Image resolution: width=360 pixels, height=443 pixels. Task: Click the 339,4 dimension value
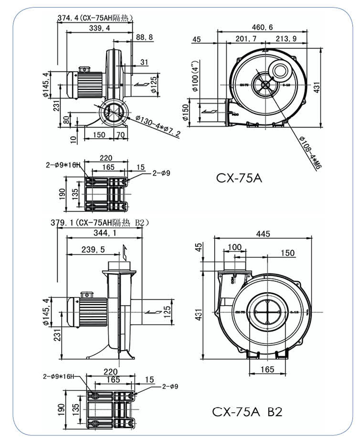coord(99,29)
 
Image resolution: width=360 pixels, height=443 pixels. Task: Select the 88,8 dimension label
coord(144,37)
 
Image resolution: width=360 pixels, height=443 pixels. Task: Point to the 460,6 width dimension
coord(262,27)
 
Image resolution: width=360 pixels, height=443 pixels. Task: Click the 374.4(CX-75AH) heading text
coord(95,18)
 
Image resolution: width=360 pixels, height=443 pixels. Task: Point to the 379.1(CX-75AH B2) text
coord(101,222)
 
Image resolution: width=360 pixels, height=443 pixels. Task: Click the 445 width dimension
coord(263,234)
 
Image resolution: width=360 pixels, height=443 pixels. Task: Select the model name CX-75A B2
coord(247,411)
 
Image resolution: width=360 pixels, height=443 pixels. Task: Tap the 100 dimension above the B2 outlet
coord(234,247)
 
